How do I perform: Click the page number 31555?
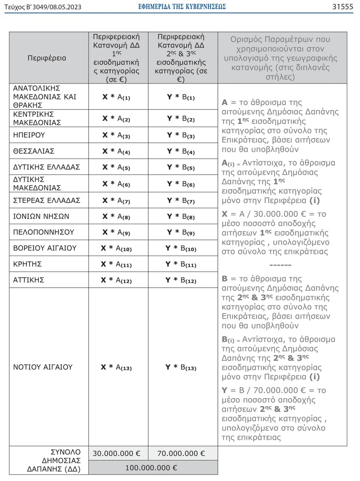coord(343,7)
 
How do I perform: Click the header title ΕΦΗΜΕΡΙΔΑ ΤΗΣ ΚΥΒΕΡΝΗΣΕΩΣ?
coord(182,7)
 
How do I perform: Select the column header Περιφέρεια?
coord(47,58)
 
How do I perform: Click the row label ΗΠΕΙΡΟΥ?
coord(29,135)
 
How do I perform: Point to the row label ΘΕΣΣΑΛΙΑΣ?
coord(34,151)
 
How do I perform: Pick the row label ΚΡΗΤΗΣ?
coord(27,264)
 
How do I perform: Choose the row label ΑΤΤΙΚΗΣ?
coord(29,280)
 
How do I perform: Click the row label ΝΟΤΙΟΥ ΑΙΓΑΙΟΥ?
coord(43,367)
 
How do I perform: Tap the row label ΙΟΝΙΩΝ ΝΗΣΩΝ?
coord(41,216)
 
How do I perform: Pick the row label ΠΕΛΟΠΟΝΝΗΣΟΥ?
coord(44,232)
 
